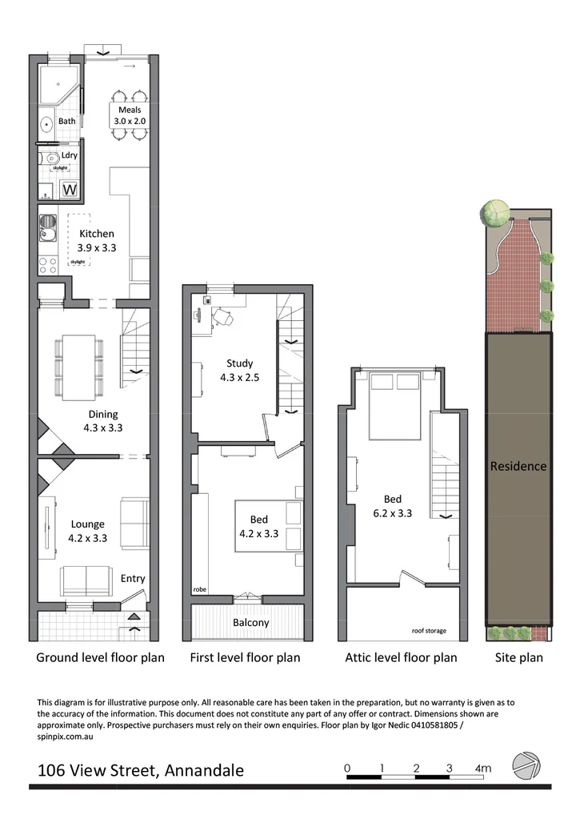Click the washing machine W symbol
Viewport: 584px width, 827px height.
(70, 191)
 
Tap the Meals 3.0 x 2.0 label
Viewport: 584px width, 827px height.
(130, 115)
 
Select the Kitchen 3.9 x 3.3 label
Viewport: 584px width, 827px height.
(97, 241)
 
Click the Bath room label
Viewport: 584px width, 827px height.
(66, 122)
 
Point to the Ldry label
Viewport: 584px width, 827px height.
(70, 155)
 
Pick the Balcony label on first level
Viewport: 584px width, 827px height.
(251, 622)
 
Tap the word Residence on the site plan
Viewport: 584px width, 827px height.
(518, 466)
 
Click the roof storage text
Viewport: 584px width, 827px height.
(429, 631)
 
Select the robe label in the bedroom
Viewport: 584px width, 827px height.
(199, 589)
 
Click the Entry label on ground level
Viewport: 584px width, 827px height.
(133, 578)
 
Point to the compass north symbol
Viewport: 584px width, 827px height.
(526, 765)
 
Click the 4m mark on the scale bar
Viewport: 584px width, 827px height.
(482, 769)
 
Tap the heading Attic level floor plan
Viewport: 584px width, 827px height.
(401, 657)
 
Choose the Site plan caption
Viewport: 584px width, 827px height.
(518, 657)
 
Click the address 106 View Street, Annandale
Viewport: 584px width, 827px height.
(141, 771)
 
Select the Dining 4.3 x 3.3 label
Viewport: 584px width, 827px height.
(103, 421)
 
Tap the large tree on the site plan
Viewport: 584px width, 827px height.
(494, 212)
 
